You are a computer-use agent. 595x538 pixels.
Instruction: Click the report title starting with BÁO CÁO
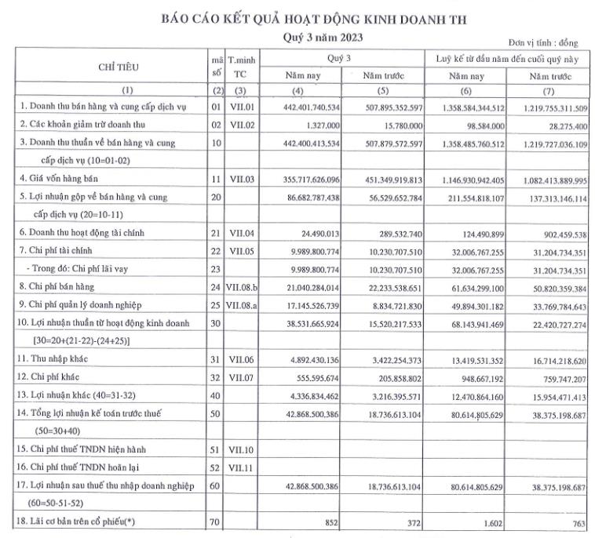pos(319,19)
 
